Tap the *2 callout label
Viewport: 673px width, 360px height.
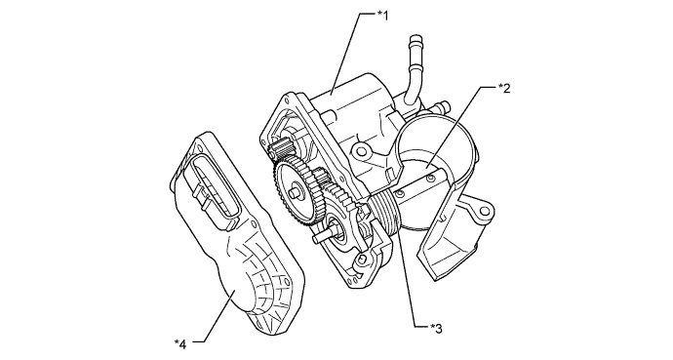[504, 87]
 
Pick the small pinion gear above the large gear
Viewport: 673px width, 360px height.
[282, 151]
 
